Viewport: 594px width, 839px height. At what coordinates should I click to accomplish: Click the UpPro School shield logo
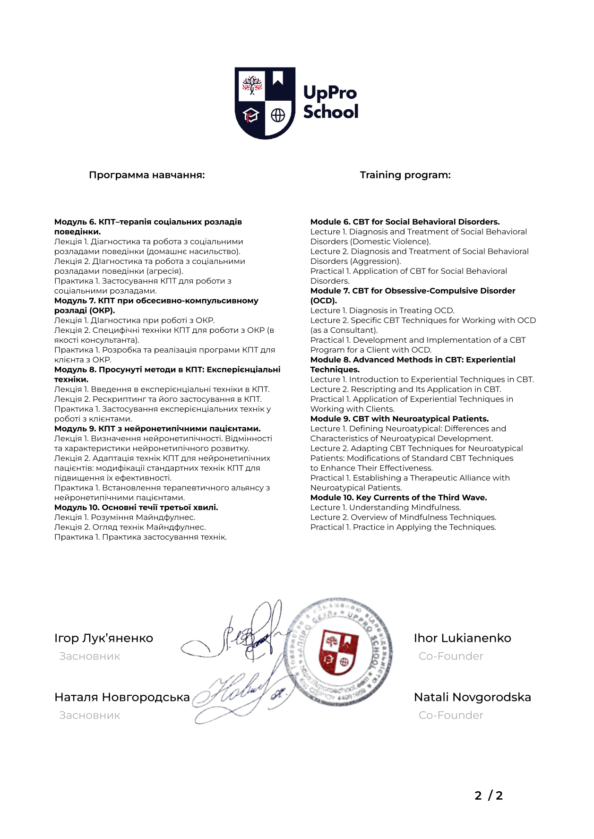click(265, 103)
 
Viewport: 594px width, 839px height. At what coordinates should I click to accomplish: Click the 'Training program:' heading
click(405, 175)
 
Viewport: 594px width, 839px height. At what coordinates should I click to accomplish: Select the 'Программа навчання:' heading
click(146, 175)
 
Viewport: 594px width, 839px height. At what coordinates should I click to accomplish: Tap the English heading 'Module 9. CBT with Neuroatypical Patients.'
click(399, 419)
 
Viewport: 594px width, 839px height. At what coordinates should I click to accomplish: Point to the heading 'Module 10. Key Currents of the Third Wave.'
click(398, 497)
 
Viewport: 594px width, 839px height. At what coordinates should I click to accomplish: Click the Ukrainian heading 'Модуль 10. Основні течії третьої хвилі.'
click(136, 507)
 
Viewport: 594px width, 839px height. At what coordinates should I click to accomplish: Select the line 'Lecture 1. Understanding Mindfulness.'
click(385, 507)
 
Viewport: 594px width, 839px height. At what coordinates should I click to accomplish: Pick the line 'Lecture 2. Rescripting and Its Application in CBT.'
click(405, 389)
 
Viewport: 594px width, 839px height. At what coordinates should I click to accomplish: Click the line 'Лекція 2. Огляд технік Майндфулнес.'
click(130, 527)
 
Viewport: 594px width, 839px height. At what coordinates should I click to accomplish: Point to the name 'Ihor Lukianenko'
click(462, 638)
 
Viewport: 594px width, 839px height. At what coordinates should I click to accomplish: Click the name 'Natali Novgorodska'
click(472, 697)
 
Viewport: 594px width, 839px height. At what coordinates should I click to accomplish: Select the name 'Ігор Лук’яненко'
click(103, 638)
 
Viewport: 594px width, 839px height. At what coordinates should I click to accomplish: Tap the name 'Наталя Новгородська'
click(122, 697)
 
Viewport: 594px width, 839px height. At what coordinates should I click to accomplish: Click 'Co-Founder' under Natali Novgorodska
click(451, 715)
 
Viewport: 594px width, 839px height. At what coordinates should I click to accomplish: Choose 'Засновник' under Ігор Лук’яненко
click(90, 656)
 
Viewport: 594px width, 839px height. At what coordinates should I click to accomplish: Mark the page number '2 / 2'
click(489, 796)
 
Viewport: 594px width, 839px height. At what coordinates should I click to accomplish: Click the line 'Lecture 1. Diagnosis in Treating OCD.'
click(382, 311)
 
